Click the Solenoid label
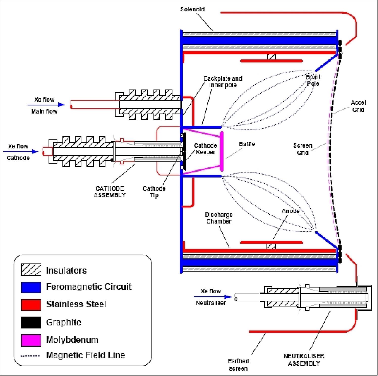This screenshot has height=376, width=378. [x=192, y=9]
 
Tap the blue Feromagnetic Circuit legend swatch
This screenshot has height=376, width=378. [x=31, y=287]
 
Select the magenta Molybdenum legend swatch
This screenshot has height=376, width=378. [x=31, y=340]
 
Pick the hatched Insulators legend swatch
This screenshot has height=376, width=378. [x=31, y=270]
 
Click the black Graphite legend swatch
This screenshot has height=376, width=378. [x=31, y=322]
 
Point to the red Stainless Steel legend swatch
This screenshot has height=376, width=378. [x=31, y=305]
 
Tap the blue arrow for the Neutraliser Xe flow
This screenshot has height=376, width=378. [x=212, y=297]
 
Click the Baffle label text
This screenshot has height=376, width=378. [x=247, y=144]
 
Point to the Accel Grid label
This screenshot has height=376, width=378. [x=358, y=106]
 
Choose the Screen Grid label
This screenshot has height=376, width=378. [x=303, y=149]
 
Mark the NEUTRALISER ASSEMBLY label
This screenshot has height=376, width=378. [x=304, y=360]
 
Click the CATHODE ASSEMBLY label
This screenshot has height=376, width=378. [x=110, y=192]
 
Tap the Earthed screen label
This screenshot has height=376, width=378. [x=238, y=365]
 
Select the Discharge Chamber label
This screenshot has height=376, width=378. [x=219, y=218]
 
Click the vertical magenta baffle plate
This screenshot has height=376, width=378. [x=222, y=151]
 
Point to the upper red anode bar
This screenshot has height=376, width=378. [x=271, y=61]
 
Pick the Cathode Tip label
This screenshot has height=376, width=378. [x=154, y=192]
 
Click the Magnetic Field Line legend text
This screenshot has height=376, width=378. [x=85, y=355]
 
